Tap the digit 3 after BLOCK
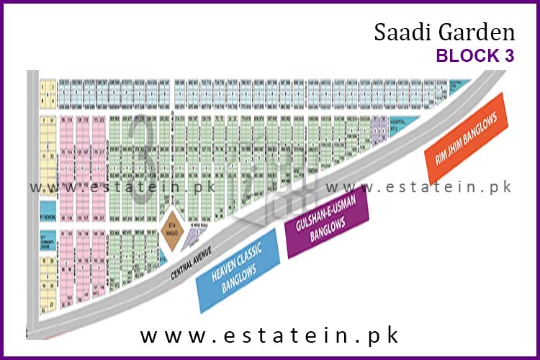pyautogui.click(x=509, y=56)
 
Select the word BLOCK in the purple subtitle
pyautogui.click(x=469, y=56)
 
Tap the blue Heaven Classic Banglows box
pyautogui.click(x=238, y=271)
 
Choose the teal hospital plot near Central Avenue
pyautogui.click(x=402, y=123)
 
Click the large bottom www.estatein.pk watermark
pyautogui.click(x=269, y=336)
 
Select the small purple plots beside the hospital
pyautogui.click(x=378, y=128)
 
